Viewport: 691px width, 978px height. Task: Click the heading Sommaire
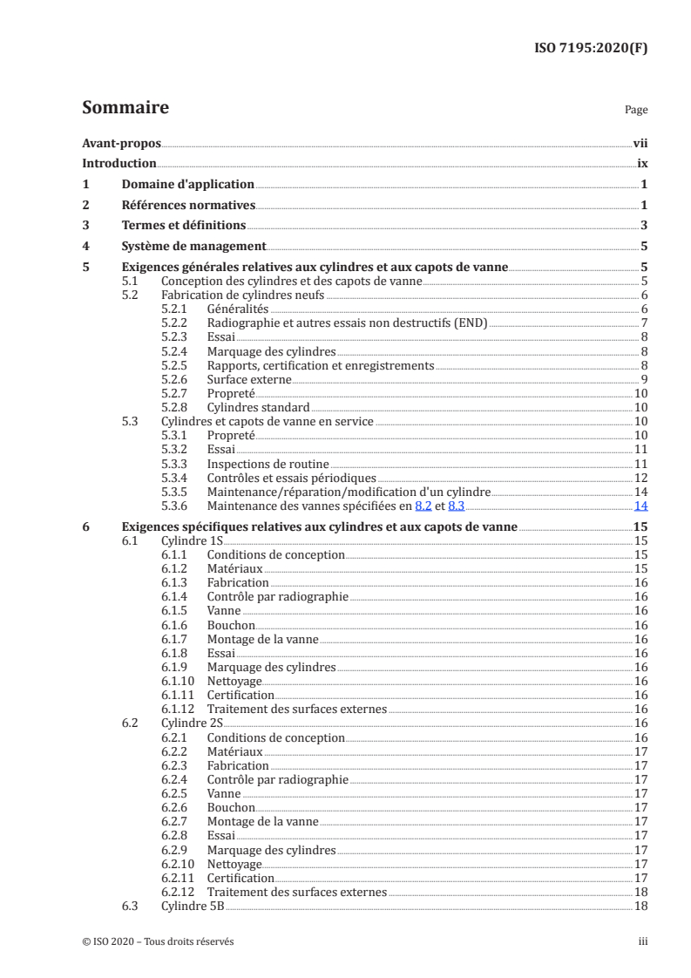click(x=125, y=108)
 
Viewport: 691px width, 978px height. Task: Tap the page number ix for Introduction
click(x=640, y=164)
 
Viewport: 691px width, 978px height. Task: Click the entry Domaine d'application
click(x=187, y=185)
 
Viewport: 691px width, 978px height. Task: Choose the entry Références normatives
click(x=187, y=206)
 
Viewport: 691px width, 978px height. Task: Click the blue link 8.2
click(x=424, y=505)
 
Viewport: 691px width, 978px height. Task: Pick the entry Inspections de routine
click(x=255, y=463)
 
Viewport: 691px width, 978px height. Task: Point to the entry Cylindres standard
click(x=258, y=407)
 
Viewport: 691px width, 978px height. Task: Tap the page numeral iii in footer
click(x=642, y=941)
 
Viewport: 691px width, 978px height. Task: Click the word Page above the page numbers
click(x=636, y=111)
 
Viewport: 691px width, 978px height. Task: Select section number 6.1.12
click(x=180, y=709)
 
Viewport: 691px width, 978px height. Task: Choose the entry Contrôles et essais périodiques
click(x=291, y=477)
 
